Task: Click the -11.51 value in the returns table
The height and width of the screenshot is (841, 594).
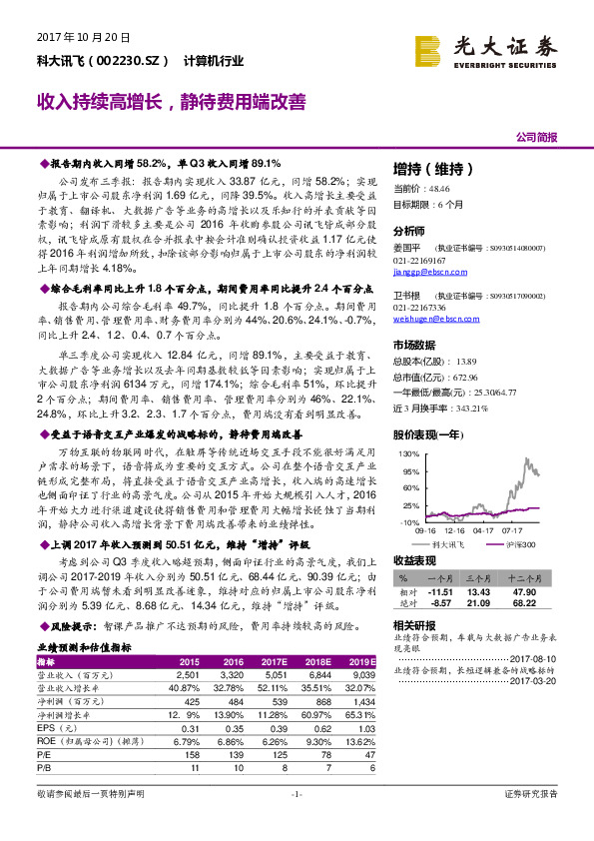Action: (439, 591)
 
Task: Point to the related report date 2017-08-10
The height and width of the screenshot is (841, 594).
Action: (536, 659)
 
